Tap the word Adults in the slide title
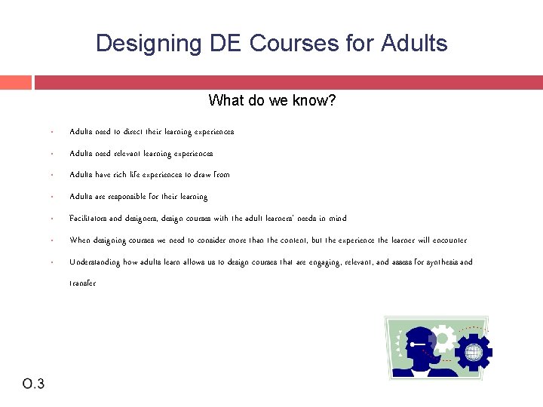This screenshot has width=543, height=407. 413,43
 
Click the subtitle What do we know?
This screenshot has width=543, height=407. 271,100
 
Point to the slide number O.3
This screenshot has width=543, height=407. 33,384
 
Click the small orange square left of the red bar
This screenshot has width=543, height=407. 16,82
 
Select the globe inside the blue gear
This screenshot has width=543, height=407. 474,351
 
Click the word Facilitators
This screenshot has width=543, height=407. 87,219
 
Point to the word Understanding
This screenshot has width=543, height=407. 95,262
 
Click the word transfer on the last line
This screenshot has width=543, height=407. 82,284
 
